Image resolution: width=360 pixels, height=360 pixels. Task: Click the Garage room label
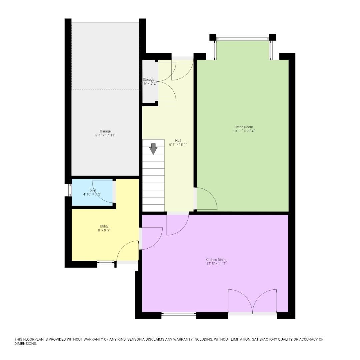pos(105,131)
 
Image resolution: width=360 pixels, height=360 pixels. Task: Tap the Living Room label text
pos(244,127)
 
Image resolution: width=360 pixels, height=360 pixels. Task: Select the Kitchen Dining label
pos(216,260)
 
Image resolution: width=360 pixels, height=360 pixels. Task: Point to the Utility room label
pos(104,226)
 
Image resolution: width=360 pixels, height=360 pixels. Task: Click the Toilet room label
pos(92,190)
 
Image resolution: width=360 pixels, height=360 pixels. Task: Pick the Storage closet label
pos(149,80)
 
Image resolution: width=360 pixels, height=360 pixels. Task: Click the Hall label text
pos(178,140)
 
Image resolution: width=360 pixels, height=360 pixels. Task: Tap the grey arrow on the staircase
pos(153,149)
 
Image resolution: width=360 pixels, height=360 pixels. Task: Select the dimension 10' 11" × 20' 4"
pos(244,131)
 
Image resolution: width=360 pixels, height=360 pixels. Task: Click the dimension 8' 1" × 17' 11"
pos(105,135)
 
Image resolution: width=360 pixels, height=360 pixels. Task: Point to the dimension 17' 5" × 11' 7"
pos(216,264)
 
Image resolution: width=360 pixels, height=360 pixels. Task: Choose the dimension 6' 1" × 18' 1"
pos(178,145)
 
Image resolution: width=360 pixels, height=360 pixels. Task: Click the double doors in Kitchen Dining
pos(252,302)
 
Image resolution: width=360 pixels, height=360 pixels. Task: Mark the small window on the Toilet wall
pos(70,190)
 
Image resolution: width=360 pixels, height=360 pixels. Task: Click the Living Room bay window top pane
pos(243,39)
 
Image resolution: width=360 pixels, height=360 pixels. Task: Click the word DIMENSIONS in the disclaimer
pos(25,344)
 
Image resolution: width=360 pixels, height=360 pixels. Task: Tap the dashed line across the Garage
pos(105,89)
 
